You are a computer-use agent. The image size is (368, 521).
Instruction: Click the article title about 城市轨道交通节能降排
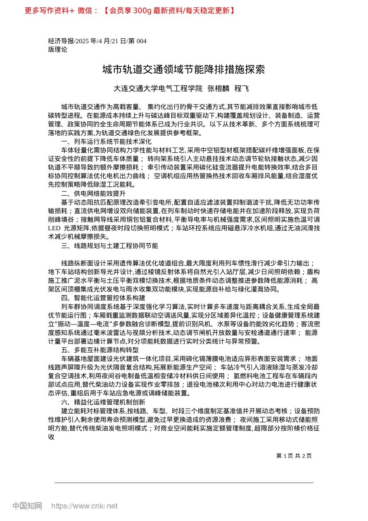184,69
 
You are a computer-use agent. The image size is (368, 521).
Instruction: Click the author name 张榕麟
218,89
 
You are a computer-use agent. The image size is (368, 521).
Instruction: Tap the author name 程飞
242,89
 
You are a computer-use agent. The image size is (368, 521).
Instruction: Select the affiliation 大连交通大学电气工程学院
158,89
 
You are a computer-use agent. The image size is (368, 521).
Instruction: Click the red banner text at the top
130,10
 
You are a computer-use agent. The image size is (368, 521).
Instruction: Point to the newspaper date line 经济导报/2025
97,41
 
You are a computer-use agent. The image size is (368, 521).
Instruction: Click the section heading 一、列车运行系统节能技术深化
106,141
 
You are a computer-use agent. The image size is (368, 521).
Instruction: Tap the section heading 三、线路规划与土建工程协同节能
110,246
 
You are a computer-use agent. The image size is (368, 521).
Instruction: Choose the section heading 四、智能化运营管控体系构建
103,298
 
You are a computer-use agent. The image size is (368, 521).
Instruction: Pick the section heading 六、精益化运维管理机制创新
103,402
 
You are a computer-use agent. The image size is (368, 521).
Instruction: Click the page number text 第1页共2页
294,456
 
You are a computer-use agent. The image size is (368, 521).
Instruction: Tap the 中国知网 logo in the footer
27,506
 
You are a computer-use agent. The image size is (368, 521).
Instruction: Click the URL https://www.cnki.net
84,506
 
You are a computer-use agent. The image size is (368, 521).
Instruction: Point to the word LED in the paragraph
55,228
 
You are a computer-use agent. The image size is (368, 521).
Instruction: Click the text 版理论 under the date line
58,50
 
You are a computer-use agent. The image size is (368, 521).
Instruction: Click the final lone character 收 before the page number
51,437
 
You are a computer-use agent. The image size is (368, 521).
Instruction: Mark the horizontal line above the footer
184,483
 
